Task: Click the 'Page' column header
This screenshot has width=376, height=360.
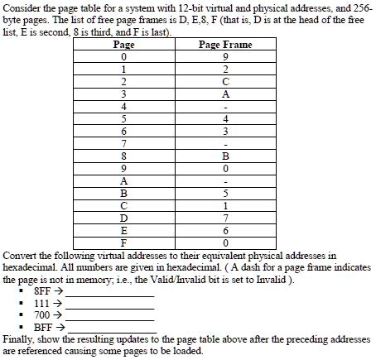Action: pos(123,45)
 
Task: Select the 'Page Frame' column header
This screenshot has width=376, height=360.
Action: pos(225,45)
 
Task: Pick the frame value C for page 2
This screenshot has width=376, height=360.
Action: pos(225,82)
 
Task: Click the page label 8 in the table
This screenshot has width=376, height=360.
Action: pos(123,156)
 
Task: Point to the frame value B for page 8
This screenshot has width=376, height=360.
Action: pos(225,156)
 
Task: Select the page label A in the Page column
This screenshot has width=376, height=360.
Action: pos(123,180)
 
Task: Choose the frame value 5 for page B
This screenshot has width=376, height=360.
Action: pos(225,193)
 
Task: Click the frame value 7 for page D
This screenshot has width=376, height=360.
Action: pos(225,218)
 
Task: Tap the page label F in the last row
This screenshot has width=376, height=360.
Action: pos(123,242)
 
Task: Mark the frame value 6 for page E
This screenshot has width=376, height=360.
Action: pos(225,230)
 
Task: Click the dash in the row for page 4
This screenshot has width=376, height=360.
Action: pos(225,107)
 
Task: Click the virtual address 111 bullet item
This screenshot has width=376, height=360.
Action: pos(42,304)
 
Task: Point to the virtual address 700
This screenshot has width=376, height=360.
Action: pos(42,315)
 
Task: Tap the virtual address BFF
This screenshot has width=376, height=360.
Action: pos(43,328)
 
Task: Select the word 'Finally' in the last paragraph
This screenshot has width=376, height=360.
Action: pos(19,339)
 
